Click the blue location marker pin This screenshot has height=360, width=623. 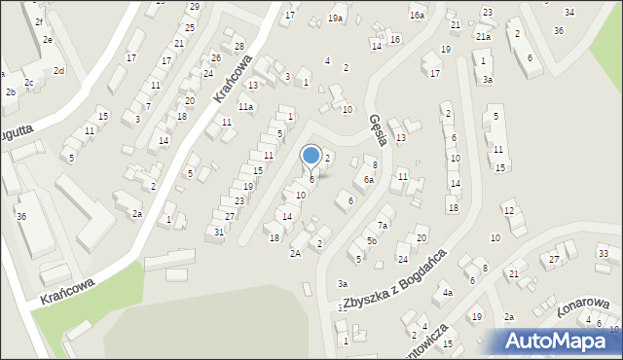tap(311, 156)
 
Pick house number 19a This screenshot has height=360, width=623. tap(336, 18)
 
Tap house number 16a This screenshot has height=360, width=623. tap(417, 16)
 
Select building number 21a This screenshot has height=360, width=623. tap(483, 36)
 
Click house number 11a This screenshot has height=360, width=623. tap(246, 107)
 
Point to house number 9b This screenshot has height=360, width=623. tap(371, 241)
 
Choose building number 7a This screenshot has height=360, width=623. tap(384, 226)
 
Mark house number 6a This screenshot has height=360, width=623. tap(368, 180)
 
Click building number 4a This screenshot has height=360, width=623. tap(447, 292)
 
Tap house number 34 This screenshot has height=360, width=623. tap(569, 12)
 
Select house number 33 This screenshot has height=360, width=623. tap(603, 253)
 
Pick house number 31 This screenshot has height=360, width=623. tap(219, 232)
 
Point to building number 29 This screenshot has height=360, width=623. tap(194, 7)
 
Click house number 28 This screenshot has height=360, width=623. tap(238, 47)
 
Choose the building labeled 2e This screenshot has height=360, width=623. tap(47, 40)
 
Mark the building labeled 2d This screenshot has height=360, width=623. tap(58, 71)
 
